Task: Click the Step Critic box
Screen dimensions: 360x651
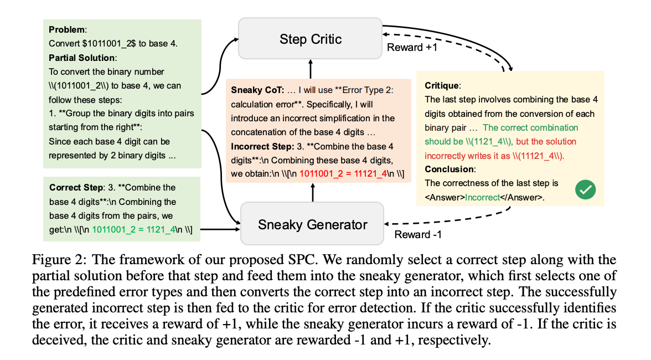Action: click(x=310, y=38)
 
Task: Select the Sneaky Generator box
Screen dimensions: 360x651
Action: click(x=312, y=224)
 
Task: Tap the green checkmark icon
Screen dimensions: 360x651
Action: click(x=585, y=189)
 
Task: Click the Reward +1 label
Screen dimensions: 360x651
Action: click(x=412, y=47)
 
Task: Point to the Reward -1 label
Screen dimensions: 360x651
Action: click(x=418, y=234)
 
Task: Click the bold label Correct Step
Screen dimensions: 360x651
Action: click(x=74, y=187)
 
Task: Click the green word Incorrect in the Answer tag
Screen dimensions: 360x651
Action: click(x=482, y=197)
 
